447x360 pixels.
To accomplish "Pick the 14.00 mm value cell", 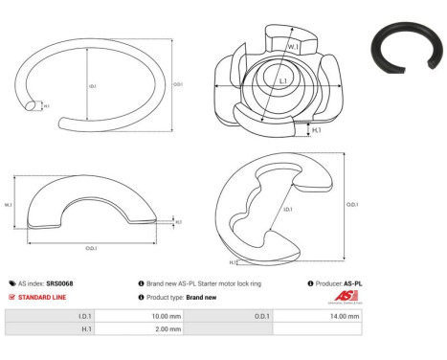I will [346, 315].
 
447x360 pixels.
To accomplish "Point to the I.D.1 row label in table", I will [84, 315].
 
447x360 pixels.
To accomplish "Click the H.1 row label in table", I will [85, 328].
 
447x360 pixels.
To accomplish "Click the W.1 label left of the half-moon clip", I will [9, 204].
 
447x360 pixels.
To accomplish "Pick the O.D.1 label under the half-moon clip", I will [90, 250].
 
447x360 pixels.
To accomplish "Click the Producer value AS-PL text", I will [353, 283].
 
